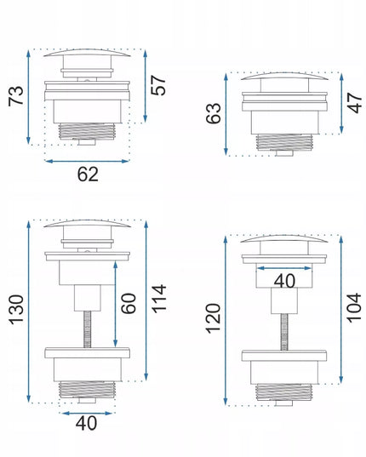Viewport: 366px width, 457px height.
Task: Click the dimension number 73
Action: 16,95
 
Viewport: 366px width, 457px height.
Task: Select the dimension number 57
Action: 158,85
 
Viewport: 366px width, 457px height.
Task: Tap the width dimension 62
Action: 88,174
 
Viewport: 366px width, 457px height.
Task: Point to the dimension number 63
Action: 214,113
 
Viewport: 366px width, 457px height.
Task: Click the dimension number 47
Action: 354,103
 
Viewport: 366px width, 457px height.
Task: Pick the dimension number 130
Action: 16,310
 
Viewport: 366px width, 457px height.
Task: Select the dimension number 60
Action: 129,304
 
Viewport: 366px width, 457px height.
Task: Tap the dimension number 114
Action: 159,299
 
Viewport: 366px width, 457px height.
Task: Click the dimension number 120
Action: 214,318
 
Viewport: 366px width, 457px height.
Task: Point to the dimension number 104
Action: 354,308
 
